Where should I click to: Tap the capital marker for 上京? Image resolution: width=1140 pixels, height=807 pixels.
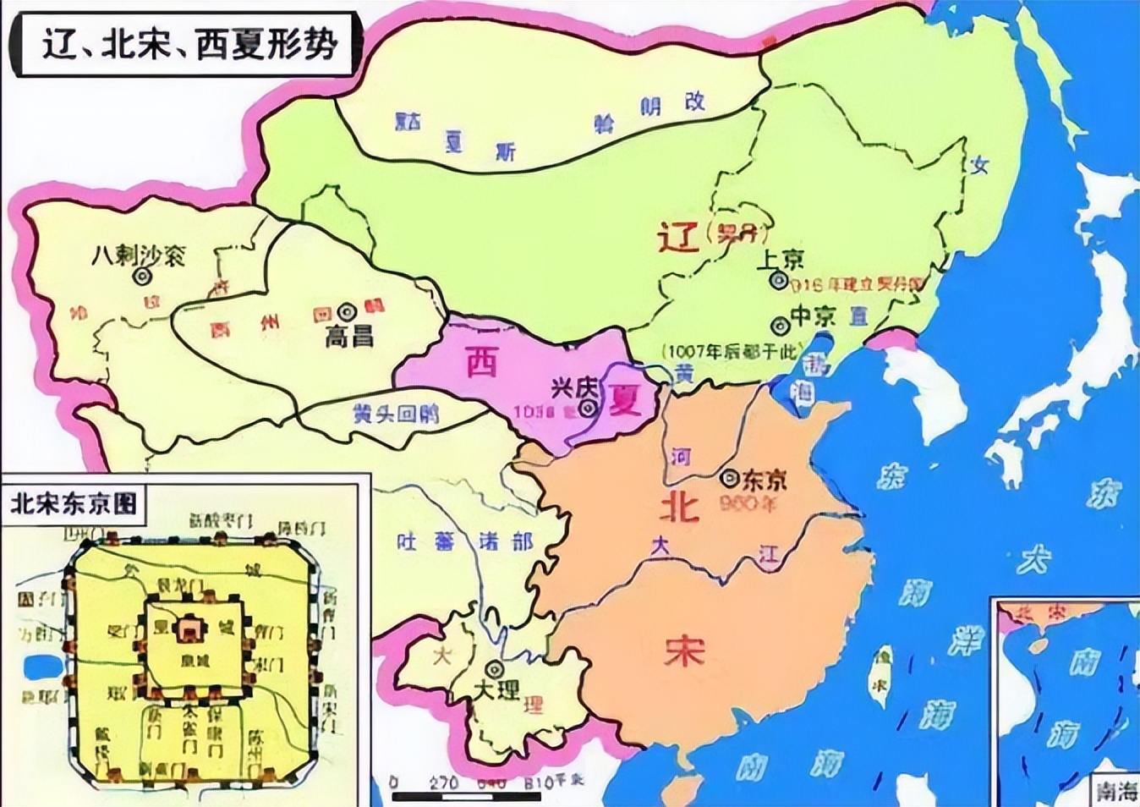[x=778, y=280]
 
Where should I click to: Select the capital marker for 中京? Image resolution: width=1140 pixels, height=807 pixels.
[x=779, y=325]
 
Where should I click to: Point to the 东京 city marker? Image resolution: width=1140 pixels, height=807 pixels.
[x=729, y=479]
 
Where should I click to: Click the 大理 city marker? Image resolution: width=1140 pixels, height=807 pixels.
[x=496, y=669]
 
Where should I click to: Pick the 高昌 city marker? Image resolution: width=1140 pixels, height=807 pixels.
[x=347, y=311]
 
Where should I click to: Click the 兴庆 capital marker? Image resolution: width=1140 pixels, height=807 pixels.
[x=588, y=408]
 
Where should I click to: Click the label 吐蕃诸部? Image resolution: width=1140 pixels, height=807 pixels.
[x=465, y=541]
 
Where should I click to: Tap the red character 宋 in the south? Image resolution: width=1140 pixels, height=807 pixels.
[x=683, y=650]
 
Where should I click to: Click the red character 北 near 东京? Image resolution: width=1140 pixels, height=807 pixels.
[x=680, y=506]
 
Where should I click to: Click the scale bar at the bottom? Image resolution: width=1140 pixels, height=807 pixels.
[x=466, y=795]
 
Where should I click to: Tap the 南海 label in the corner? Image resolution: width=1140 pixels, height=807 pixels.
[x=1116, y=790]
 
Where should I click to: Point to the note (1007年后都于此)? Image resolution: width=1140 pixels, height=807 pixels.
[x=731, y=350]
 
